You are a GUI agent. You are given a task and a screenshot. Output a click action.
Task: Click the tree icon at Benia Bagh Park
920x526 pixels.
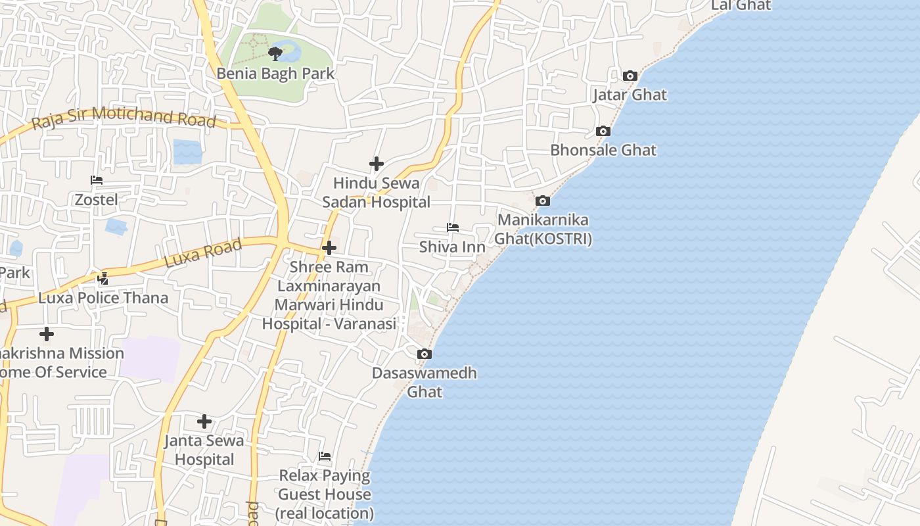(275, 53)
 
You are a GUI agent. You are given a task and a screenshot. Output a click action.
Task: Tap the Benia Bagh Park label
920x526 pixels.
(276, 74)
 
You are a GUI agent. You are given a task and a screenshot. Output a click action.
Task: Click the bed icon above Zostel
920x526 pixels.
(97, 180)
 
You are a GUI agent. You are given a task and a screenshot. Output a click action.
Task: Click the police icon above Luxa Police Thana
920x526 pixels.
(103, 279)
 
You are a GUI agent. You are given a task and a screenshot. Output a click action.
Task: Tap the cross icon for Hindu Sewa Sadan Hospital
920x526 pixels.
(377, 163)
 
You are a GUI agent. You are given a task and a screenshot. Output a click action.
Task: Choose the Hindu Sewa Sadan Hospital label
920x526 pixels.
(376, 193)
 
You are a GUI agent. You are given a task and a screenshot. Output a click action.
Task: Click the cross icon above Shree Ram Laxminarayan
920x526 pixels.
(329, 248)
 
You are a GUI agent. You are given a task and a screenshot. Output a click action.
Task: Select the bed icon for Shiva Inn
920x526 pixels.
(452, 227)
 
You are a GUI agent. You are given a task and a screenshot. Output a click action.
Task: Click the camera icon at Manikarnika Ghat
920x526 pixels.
(542, 201)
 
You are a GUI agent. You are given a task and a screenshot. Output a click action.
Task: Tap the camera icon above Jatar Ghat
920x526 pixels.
(630, 76)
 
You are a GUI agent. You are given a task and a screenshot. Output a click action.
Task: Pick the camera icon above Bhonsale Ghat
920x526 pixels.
(603, 131)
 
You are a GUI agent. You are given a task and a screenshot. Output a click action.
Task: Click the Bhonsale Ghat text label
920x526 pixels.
(603, 150)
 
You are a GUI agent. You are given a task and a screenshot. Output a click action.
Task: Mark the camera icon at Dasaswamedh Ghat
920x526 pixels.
(425, 354)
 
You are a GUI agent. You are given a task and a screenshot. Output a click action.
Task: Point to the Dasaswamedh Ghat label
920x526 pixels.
(425, 382)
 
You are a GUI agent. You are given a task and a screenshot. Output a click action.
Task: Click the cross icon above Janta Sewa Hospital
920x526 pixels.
(204, 421)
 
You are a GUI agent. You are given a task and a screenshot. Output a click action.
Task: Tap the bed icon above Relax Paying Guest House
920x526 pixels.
(325, 456)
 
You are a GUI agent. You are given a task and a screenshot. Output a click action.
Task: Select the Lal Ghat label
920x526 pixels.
(741, 5)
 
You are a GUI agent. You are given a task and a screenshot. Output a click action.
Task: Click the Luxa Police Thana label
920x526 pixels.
(103, 298)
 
